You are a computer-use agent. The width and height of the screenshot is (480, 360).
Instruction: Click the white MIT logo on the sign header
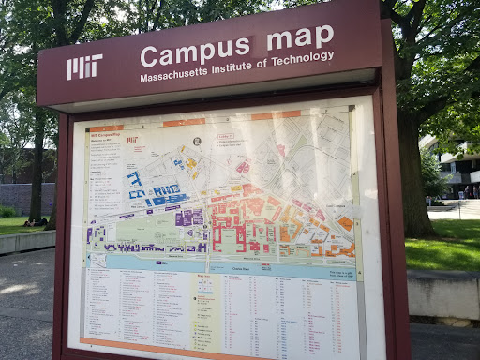84,67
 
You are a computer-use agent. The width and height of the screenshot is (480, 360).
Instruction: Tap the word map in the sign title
300,38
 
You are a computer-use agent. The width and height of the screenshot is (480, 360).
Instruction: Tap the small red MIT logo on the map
132,140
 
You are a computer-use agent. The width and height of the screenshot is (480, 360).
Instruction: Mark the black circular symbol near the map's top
197,141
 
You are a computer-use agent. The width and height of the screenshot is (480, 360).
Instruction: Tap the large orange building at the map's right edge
346,223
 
